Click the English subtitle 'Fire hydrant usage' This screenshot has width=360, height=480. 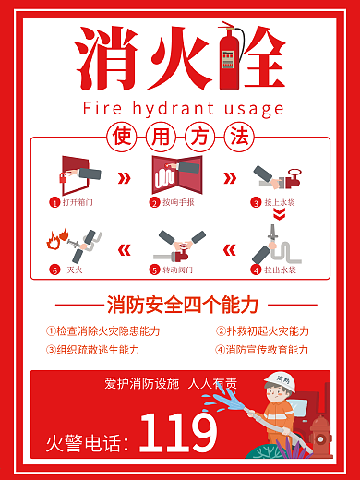[183, 108]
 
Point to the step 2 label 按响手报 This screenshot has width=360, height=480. [178, 201]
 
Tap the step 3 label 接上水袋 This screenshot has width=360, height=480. [279, 201]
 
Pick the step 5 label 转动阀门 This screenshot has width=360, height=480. [178, 270]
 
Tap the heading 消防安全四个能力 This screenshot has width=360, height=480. [182, 305]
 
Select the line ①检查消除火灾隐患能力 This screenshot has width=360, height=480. [102, 330]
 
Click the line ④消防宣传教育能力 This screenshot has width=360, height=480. [262, 350]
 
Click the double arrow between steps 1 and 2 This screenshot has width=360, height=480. [123, 176]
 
